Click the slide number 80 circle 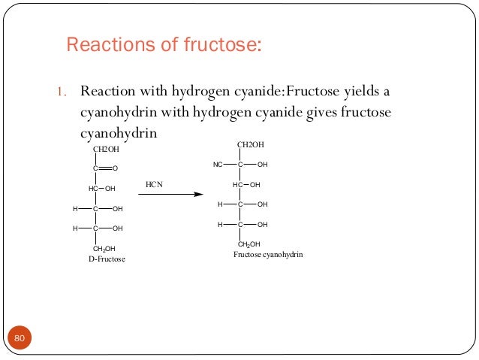20,340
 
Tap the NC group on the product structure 218,164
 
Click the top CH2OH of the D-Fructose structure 105,149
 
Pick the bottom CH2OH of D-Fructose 104,248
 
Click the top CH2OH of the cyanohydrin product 251,144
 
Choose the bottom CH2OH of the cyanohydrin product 249,244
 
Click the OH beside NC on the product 262,164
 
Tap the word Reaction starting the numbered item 106,92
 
